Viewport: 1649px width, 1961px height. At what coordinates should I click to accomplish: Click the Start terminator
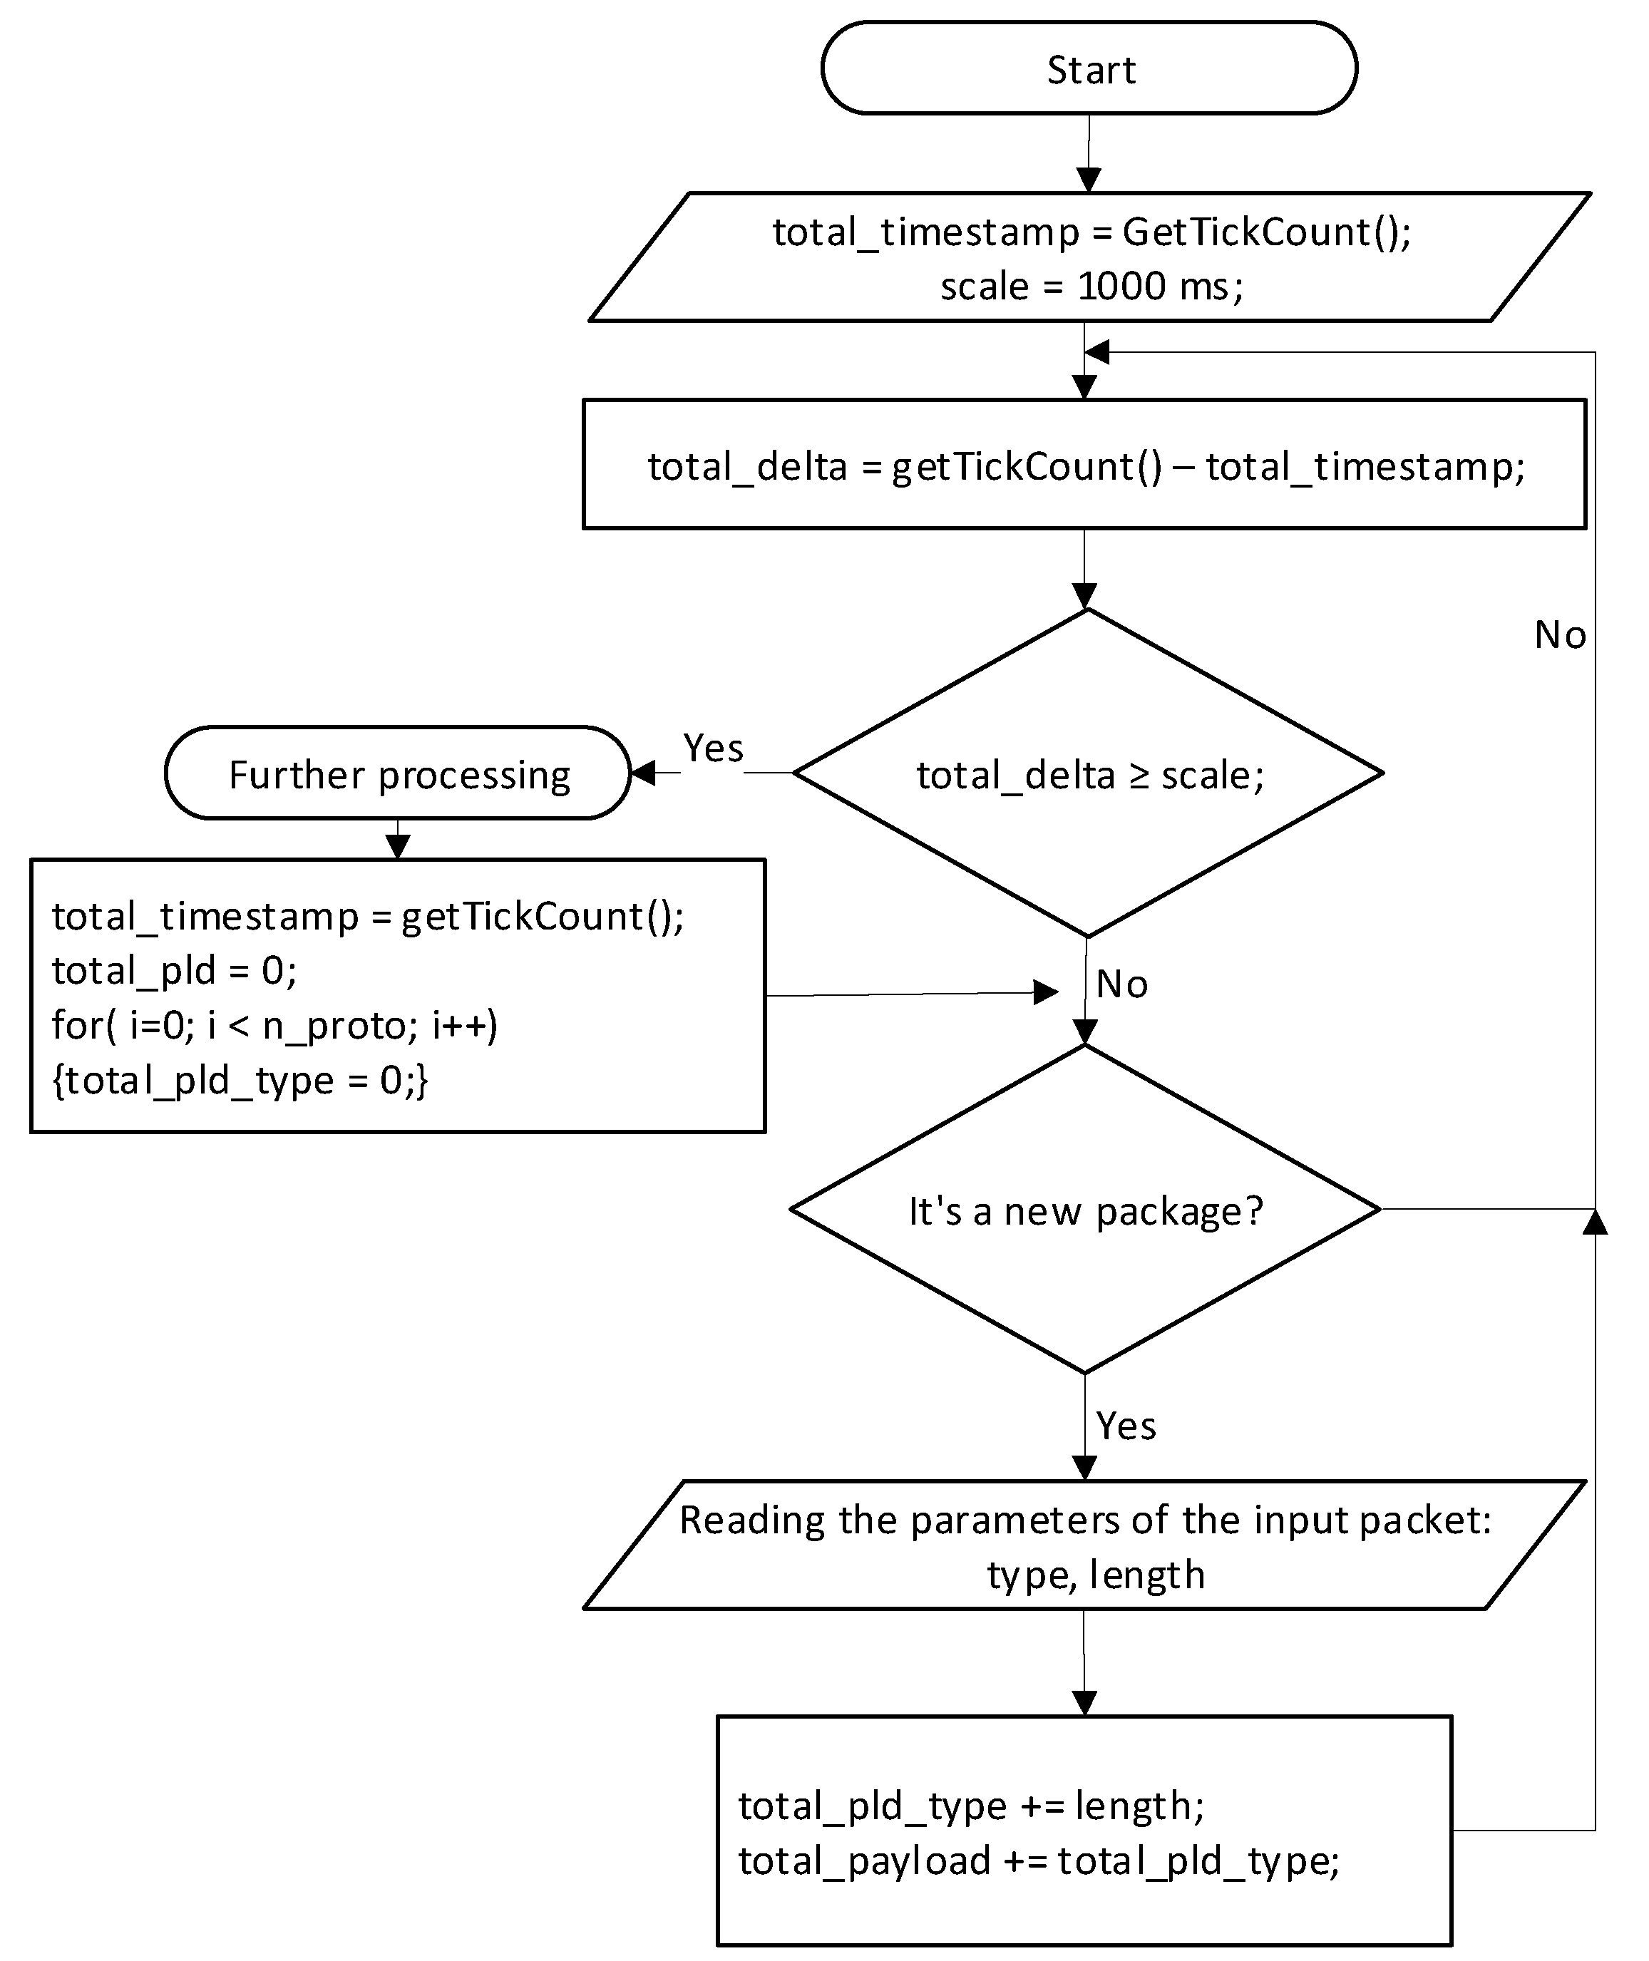pyautogui.click(x=1089, y=69)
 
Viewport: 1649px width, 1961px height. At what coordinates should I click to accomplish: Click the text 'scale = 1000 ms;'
pyautogui.click(x=1092, y=286)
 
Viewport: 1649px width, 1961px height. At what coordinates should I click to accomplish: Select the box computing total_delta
pyautogui.click(x=1084, y=465)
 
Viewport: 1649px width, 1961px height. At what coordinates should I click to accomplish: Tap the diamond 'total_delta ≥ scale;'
pyautogui.click(x=1087, y=774)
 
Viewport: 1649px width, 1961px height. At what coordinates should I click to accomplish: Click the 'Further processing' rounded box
pyautogui.click(x=399, y=774)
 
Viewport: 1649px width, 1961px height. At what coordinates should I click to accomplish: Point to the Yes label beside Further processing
pyautogui.click(x=713, y=748)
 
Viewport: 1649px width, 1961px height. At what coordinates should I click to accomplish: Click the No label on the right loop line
pyautogui.click(x=1559, y=636)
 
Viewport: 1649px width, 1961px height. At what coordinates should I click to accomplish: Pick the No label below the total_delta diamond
pyautogui.click(x=1121, y=984)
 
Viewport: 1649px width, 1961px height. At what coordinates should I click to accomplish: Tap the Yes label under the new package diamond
pyautogui.click(x=1126, y=1426)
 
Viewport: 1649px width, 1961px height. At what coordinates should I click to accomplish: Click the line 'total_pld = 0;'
pyautogui.click(x=174, y=970)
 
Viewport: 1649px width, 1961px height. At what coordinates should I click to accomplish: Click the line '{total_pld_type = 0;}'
pyautogui.click(x=240, y=1081)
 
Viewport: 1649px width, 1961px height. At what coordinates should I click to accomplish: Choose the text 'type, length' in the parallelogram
pyautogui.click(x=1096, y=1575)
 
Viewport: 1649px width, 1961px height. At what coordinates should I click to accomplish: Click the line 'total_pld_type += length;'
pyautogui.click(x=970, y=1806)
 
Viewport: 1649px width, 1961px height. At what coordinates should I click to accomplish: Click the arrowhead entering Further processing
pyautogui.click(x=644, y=774)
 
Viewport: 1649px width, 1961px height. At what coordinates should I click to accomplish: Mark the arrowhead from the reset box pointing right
pyautogui.click(x=1044, y=993)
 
